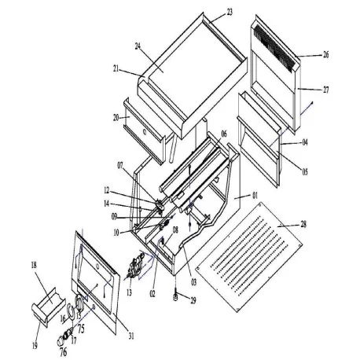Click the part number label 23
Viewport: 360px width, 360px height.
(x=230, y=12)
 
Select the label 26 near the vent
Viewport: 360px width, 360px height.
(x=325, y=55)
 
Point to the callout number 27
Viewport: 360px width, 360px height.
(x=325, y=90)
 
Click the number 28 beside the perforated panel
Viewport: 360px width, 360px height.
(x=303, y=225)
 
